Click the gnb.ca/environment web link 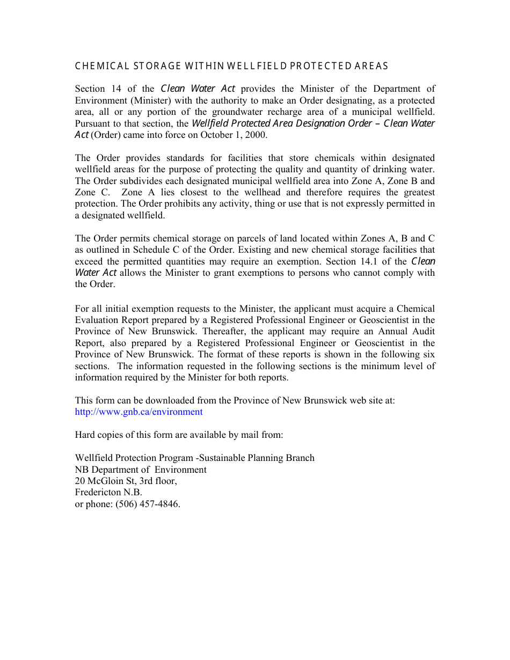point(139,412)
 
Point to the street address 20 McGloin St point(106,481)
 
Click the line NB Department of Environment point(141,470)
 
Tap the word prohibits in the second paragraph point(194,203)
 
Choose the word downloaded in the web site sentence point(171,400)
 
